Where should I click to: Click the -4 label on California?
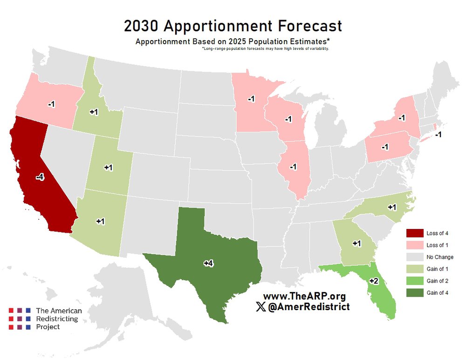pos(40,177)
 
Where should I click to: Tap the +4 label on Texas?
pos(208,263)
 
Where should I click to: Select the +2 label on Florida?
pos(374,281)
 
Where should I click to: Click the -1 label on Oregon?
pos(51,104)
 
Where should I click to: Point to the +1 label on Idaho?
pos(94,112)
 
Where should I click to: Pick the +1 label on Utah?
pos(109,167)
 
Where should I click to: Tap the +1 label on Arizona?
pos(100,221)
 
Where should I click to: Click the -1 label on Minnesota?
pos(251,99)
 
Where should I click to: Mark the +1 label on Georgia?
pos(357,243)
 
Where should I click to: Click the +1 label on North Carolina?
pos(392,207)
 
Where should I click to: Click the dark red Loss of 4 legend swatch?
pos(414,233)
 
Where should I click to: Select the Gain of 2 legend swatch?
pos(414,281)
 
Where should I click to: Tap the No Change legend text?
pos(439,257)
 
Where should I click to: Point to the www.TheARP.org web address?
pos(304,296)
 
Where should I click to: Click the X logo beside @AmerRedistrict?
pos(261,307)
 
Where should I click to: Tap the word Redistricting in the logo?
pos(57,319)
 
